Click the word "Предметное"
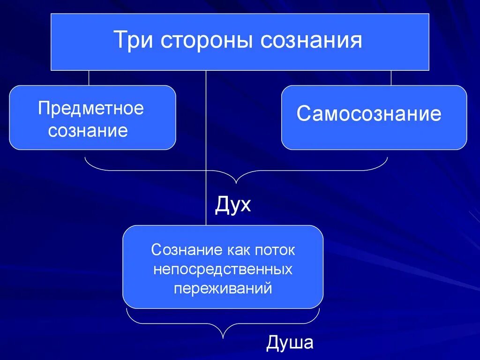pos(91,109)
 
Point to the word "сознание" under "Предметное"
pos(88,130)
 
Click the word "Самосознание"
pos(369,114)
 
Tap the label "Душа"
pos(290,344)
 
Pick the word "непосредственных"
pos(223,269)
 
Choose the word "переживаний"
pos(223,287)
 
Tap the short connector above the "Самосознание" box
pos(391,78)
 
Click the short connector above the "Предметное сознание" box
pos(89,78)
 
